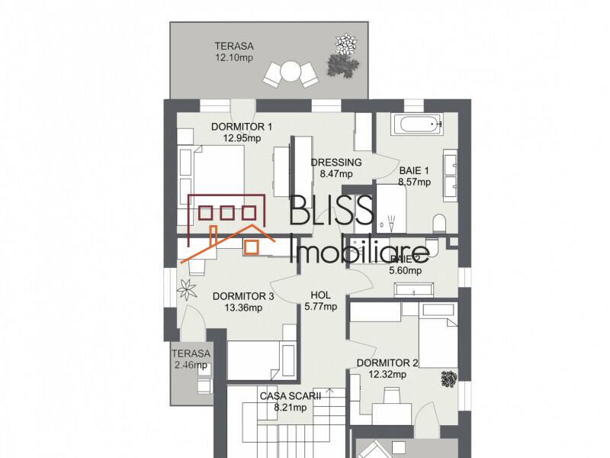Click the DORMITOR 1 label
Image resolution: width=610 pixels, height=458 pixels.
tap(242, 127)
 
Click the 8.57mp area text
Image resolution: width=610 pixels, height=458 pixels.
tap(414, 182)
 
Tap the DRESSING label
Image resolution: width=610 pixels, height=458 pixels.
tap(335, 163)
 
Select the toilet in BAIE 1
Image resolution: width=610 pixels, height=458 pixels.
tap(439, 223)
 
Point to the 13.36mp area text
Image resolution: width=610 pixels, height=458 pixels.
tap(243, 308)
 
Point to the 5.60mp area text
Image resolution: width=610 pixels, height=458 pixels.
tap(405, 269)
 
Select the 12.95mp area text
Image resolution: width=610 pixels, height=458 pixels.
tap(242, 138)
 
